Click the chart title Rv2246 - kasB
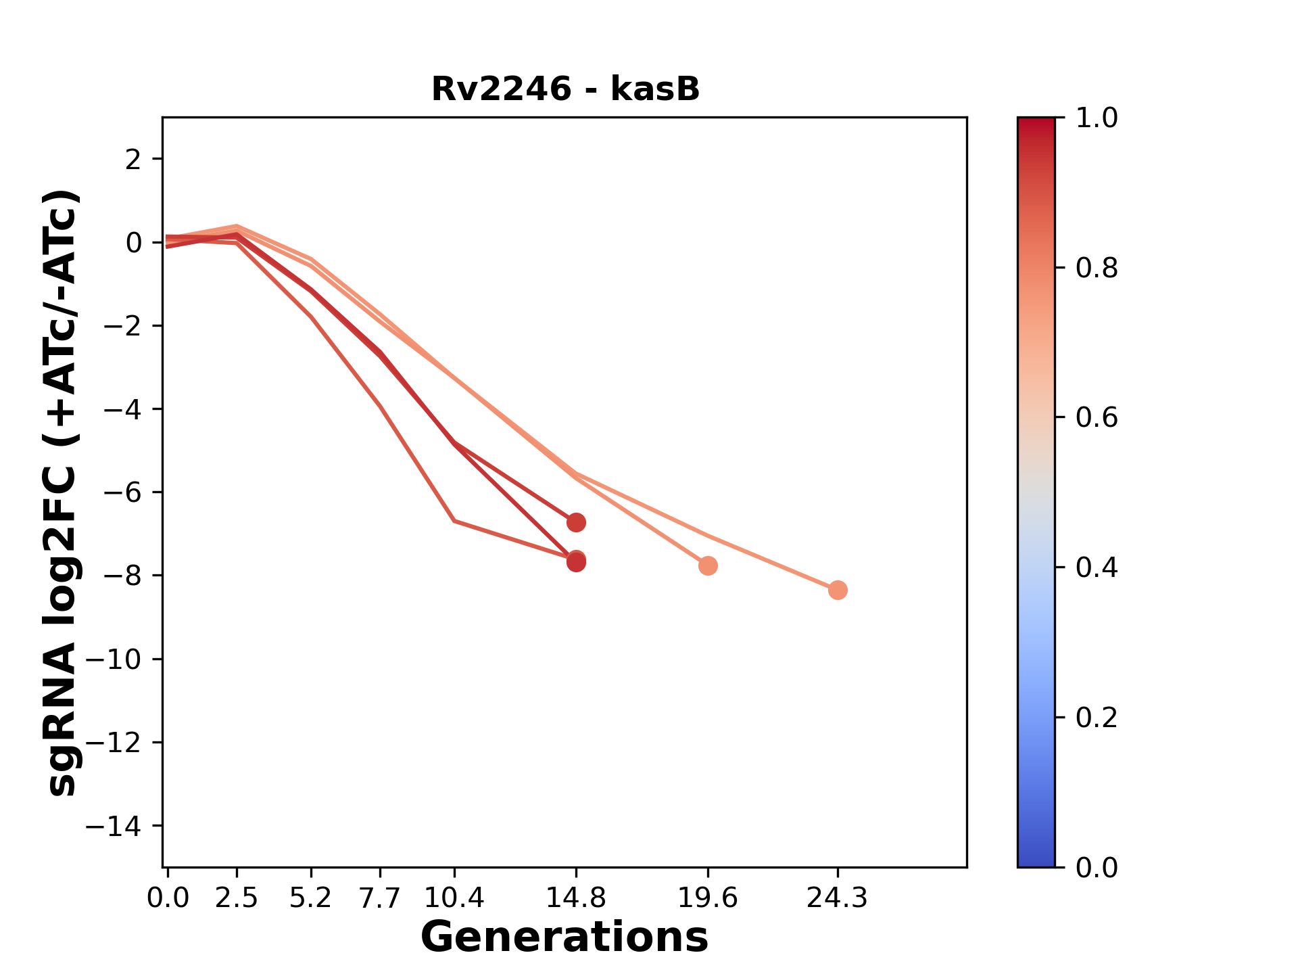pos(565,89)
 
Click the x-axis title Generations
pos(564,937)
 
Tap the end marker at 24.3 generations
pos(838,590)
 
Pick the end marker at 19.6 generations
pos(708,565)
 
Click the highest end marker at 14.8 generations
pos(576,522)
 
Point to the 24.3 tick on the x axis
pos(838,898)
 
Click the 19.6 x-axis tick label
pos(708,898)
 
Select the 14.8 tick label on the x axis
pos(576,898)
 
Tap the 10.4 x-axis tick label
pos(454,898)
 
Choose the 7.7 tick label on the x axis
pos(380,898)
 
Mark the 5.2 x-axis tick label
pos(311,898)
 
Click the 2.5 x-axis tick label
pos(237,898)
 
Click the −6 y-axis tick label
pos(122,492)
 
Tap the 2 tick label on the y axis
pos(134,160)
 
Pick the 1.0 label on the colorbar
pos(1096,118)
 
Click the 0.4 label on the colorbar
pos(1096,567)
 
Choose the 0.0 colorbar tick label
pos(1096,867)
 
